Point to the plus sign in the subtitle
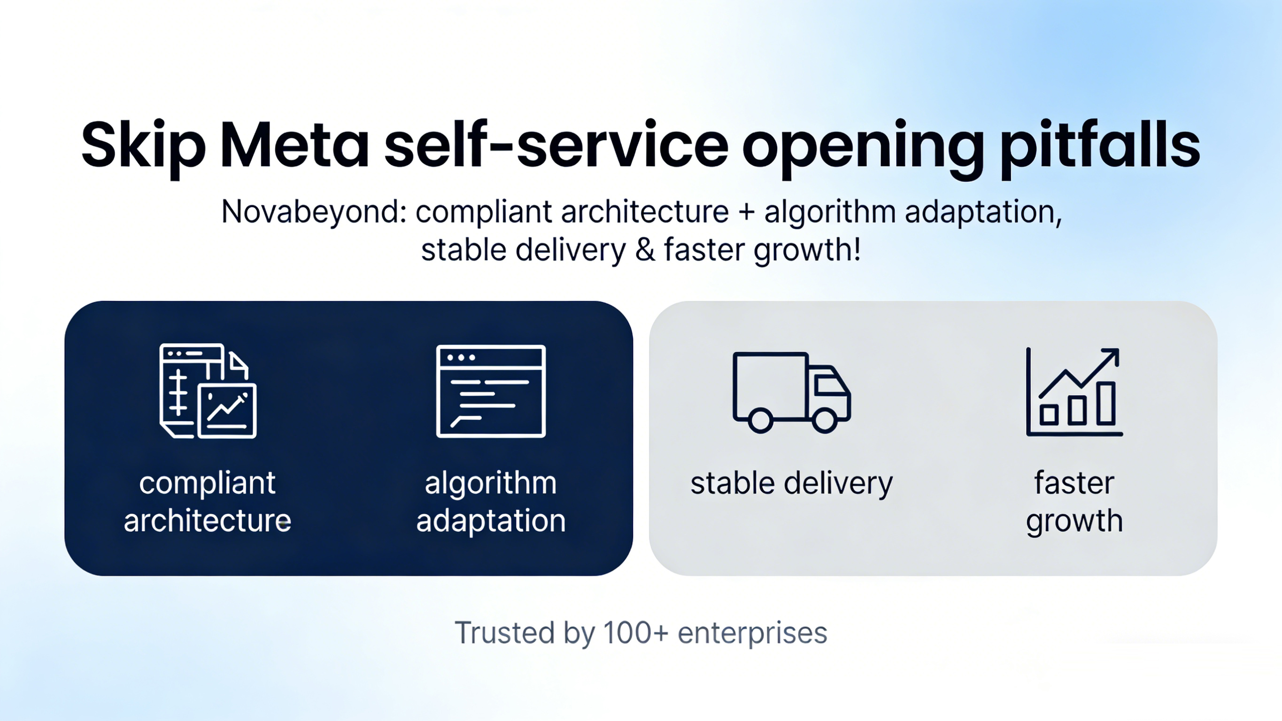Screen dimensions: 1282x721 point(747,212)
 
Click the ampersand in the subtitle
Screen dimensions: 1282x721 point(645,250)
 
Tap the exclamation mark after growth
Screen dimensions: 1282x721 point(857,249)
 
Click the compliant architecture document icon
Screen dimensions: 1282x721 point(208,391)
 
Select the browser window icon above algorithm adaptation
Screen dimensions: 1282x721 point(491,391)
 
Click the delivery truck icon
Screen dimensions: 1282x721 point(791,392)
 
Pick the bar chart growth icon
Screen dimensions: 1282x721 point(1074,392)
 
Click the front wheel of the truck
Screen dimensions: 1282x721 point(825,420)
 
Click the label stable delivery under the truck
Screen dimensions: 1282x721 point(791,484)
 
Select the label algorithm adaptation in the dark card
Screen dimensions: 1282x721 point(491,502)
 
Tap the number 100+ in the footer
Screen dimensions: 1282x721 point(635,633)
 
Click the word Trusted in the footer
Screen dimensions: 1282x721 point(505,633)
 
